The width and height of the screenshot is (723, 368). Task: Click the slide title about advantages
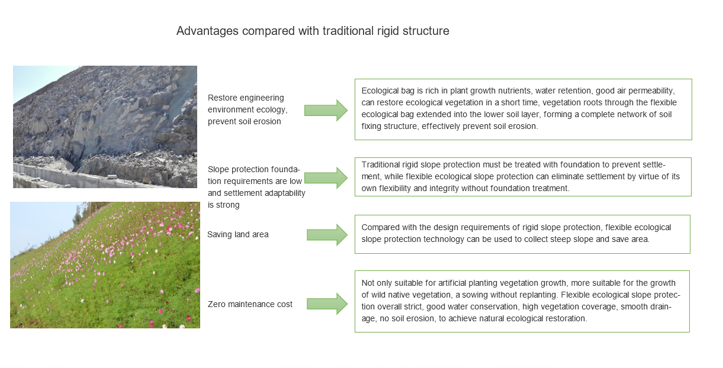click(x=313, y=31)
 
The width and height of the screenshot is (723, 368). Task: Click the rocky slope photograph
click(x=105, y=118)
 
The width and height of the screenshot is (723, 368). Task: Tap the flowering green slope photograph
click(x=105, y=264)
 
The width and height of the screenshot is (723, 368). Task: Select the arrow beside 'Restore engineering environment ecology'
click(x=326, y=110)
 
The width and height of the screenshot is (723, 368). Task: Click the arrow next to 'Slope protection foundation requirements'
click(x=326, y=177)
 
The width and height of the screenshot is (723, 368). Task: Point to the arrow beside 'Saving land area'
click(x=327, y=235)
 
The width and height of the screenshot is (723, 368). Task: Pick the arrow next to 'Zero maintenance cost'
click(x=327, y=304)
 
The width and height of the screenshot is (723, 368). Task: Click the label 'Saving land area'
click(x=237, y=235)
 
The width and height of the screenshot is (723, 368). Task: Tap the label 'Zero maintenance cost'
click(x=250, y=305)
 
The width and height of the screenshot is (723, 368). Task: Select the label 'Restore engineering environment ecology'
click(x=247, y=109)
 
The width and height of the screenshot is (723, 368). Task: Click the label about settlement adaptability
click(x=256, y=187)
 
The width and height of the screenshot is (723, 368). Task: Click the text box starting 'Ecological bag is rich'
click(x=523, y=109)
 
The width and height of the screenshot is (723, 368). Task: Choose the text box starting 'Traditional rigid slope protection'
click(x=523, y=177)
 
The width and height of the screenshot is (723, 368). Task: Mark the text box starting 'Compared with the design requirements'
click(x=522, y=234)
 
